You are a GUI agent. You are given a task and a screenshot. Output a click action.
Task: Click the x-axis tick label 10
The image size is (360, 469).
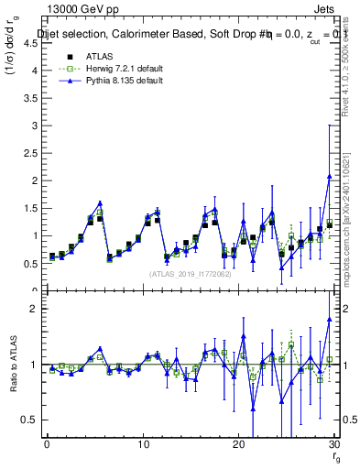(143, 444)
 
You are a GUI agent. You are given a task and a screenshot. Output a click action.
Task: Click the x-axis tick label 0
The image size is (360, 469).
(47, 444)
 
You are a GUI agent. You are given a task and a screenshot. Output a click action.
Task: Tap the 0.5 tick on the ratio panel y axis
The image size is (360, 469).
(29, 420)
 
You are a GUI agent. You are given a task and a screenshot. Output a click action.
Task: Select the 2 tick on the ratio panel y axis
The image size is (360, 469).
(33, 309)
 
